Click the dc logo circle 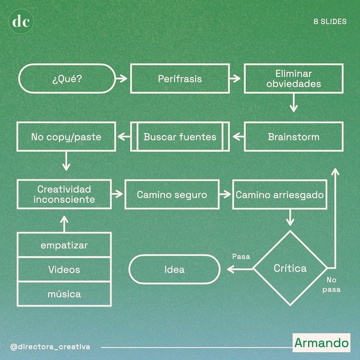22,22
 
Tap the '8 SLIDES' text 329,22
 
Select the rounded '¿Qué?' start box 66,79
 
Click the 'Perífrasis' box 179,79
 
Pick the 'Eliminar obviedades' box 293,79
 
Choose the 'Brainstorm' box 293,137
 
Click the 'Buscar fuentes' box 179,137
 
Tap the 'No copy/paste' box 65,137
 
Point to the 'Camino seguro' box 172,194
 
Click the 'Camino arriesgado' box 279,194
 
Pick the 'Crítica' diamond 290,268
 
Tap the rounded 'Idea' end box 175,269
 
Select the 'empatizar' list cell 64,245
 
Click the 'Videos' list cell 64,269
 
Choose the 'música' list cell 64,294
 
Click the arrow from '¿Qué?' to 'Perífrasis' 120,79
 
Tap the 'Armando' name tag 321,343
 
